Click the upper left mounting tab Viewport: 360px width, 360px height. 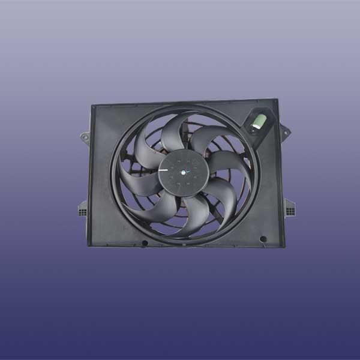[85, 137]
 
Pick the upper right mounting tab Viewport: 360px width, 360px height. [284, 130]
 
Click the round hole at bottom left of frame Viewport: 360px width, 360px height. [145, 243]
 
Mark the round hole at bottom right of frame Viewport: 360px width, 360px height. [263, 239]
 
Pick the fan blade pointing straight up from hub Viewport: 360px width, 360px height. [174, 129]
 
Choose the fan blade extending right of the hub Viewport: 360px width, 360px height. [231, 165]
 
